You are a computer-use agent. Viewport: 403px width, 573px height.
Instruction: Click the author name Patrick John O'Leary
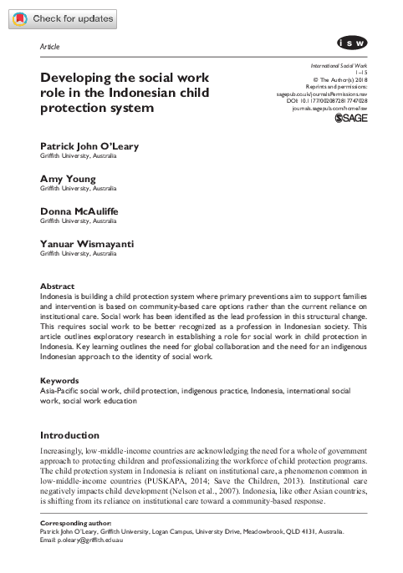pos(89,147)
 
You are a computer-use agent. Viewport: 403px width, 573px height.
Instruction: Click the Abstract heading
pos(58,286)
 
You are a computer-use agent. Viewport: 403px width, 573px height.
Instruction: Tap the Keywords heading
pos(60,380)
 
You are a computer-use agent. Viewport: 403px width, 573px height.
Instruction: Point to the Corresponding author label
pos(78,523)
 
